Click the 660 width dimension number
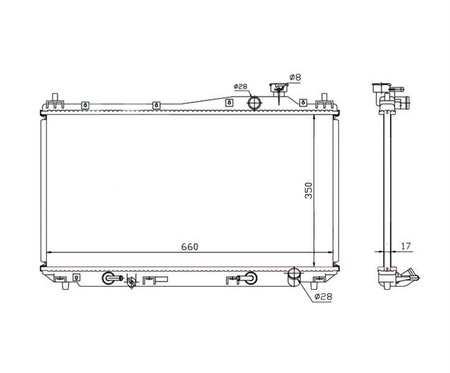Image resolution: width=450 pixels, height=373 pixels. [x=190, y=247]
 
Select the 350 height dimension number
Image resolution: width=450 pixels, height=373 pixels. [x=309, y=190]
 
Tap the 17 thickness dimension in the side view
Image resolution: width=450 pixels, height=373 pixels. [x=406, y=246]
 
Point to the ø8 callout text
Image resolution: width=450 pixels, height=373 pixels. [x=295, y=77]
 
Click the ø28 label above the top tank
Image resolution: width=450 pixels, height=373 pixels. [x=241, y=87]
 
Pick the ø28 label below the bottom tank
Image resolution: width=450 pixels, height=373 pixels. [x=323, y=296]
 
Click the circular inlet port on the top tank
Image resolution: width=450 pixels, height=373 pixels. [x=255, y=102]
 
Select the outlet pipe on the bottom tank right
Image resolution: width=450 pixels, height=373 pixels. [x=294, y=277]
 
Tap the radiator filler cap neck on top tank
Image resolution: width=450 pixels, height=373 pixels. [x=279, y=90]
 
